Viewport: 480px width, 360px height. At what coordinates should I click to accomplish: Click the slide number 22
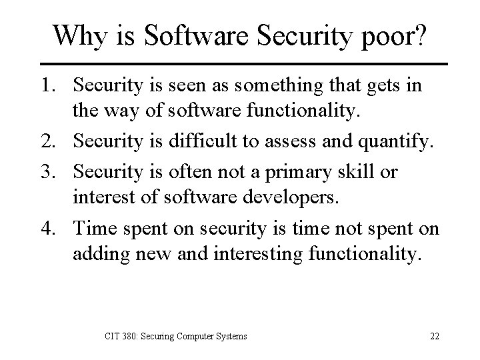coord(434,336)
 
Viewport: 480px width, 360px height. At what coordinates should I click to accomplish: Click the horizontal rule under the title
coord(240,63)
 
